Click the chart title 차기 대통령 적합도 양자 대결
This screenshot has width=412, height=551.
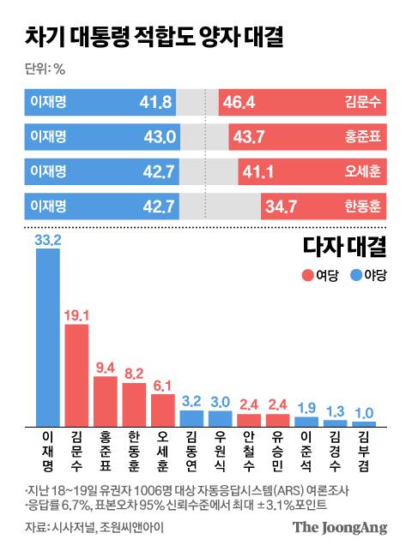click(x=154, y=38)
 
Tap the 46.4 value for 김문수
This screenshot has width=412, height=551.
click(x=238, y=103)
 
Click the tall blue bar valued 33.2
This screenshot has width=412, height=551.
click(x=47, y=338)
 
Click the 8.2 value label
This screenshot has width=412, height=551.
click(x=135, y=374)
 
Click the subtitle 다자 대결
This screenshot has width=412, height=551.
click(x=344, y=248)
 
